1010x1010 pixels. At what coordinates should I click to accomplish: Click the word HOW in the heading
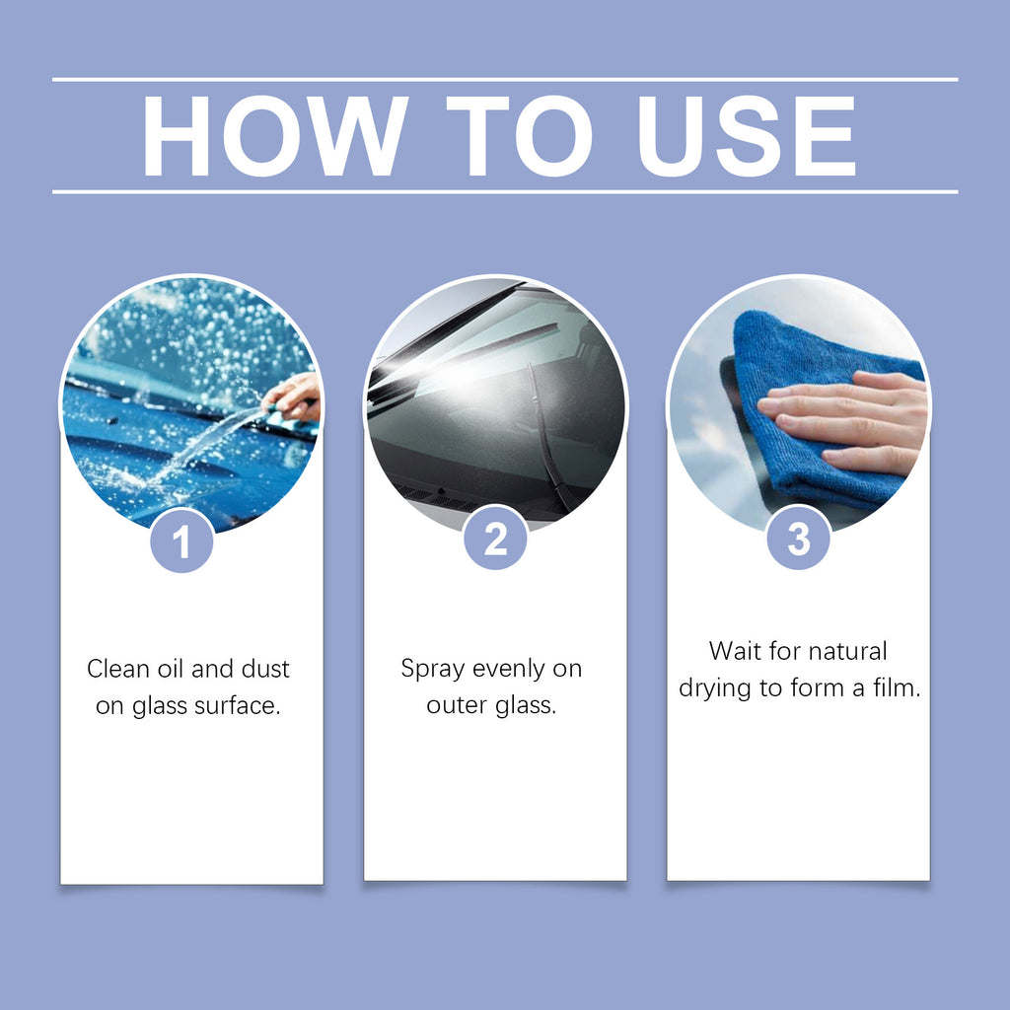(x=276, y=136)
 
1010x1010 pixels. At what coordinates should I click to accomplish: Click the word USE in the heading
(x=747, y=136)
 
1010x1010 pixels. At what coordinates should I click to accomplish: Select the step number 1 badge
(x=181, y=541)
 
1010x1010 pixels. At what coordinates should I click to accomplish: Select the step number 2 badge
(x=495, y=538)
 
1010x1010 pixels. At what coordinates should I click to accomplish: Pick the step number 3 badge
(x=798, y=538)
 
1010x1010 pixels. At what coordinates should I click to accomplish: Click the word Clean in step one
(x=118, y=669)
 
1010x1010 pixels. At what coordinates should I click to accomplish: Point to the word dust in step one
(x=265, y=669)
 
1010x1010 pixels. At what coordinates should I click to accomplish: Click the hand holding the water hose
(x=293, y=396)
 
